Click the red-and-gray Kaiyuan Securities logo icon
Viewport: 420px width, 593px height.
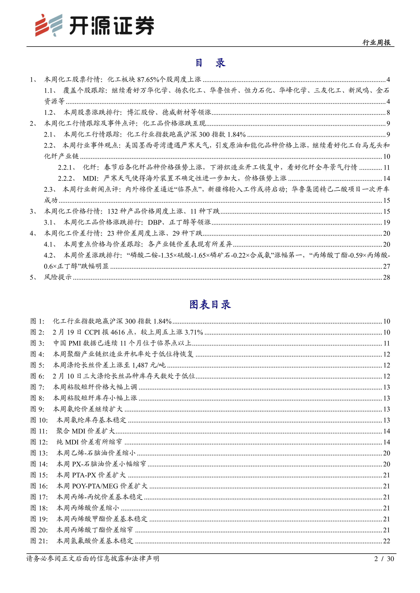pyautogui.click(x=49, y=25)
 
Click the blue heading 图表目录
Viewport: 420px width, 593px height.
pyautogui.click(x=210, y=304)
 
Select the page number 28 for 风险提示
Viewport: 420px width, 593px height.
pyautogui.click(x=386, y=277)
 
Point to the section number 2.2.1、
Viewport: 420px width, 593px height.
pyautogui.click(x=67, y=167)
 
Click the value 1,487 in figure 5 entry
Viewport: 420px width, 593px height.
pyautogui.click(x=140, y=365)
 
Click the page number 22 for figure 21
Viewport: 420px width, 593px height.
pyautogui.click(x=386, y=541)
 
